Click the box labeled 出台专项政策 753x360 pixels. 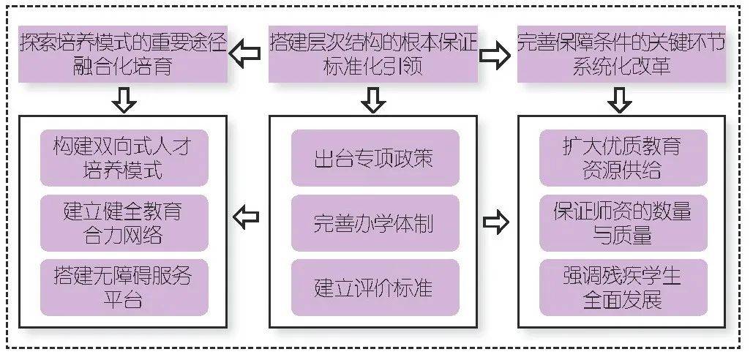(375, 157)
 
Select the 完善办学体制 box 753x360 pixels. (375, 222)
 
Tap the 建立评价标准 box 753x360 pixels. (375, 287)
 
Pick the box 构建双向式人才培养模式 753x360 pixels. (124, 157)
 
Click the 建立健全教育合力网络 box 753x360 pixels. (124, 222)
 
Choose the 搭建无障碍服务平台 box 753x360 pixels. (124, 287)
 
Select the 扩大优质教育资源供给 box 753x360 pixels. (623, 157)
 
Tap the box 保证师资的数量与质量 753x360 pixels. (623, 222)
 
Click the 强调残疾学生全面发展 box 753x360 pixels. (623, 287)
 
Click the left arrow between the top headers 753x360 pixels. (246, 55)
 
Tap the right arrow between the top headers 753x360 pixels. (497, 55)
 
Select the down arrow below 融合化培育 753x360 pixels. (124, 99)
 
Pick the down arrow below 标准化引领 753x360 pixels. (374, 99)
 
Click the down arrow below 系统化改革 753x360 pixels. (621, 99)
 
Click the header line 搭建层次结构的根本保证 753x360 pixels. (374, 42)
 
